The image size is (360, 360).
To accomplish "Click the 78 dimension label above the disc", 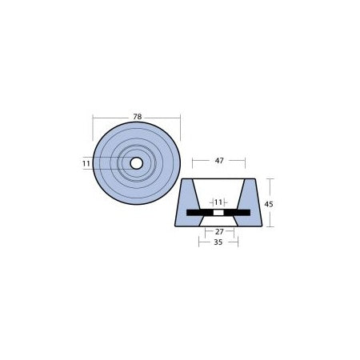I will tap(137, 115).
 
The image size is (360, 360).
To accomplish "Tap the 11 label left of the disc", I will tap(86, 163).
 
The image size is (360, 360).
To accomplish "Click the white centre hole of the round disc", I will tap(137, 163).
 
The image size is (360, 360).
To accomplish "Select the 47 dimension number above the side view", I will tap(218, 161).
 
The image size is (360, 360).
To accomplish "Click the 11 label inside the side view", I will tap(218, 202).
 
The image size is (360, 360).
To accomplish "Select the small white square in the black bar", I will tap(218, 213).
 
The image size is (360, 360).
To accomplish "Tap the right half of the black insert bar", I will tap(238, 213).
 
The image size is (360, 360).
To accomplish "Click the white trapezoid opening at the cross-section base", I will tap(218, 222).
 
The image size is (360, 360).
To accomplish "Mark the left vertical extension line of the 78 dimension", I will tap(93, 128).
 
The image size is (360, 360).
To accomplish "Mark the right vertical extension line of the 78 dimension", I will tap(182, 128).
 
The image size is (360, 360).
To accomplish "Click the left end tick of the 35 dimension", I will tap(199, 241).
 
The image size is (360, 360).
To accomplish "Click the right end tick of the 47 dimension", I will tap(245, 161).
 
